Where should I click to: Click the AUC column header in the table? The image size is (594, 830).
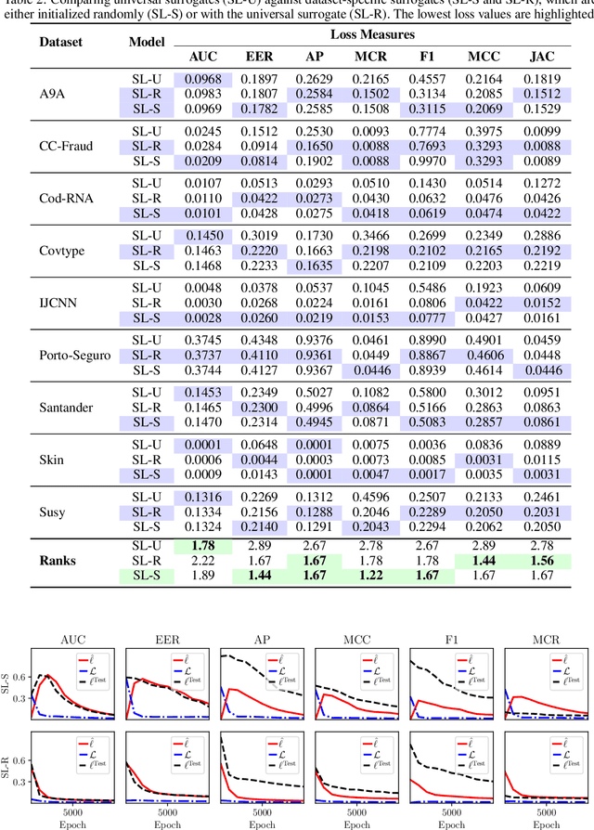(203, 56)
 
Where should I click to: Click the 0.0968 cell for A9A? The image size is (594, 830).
(203, 81)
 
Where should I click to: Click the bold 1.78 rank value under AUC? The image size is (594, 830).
(203, 546)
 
